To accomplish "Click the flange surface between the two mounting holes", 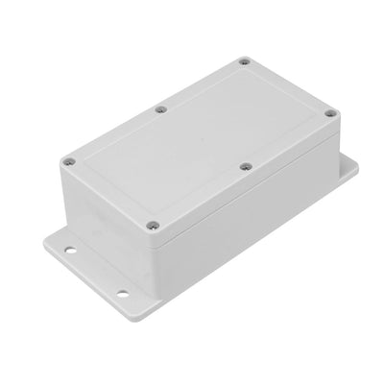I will click(111, 276).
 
